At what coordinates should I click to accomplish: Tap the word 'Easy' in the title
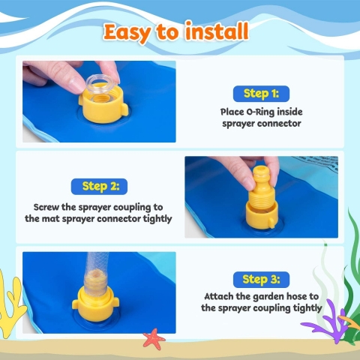pyautogui.click(x=127, y=33)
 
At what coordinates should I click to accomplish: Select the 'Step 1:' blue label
pyautogui.click(x=261, y=94)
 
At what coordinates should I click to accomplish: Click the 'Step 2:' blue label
pyautogui.click(x=99, y=187)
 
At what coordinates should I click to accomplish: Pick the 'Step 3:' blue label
pyautogui.click(x=261, y=280)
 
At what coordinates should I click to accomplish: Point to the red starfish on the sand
pyautogui.click(x=154, y=339)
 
